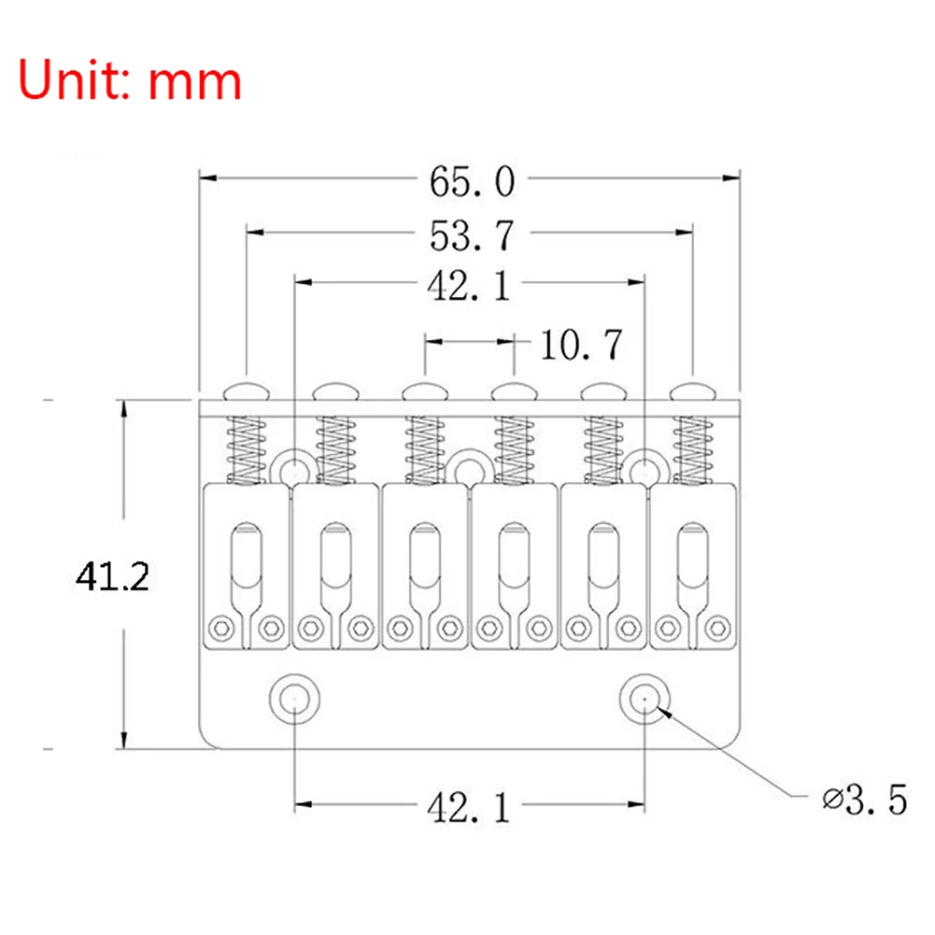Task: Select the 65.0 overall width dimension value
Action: click(472, 183)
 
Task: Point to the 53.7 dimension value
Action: click(472, 235)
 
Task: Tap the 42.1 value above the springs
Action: click(470, 286)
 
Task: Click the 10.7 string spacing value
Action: click(581, 346)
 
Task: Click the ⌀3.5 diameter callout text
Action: click(865, 800)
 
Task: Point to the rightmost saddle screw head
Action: click(693, 388)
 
